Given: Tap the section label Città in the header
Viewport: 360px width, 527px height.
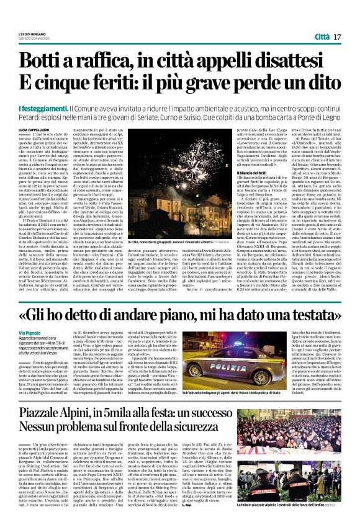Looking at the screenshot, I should point(322,37).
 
